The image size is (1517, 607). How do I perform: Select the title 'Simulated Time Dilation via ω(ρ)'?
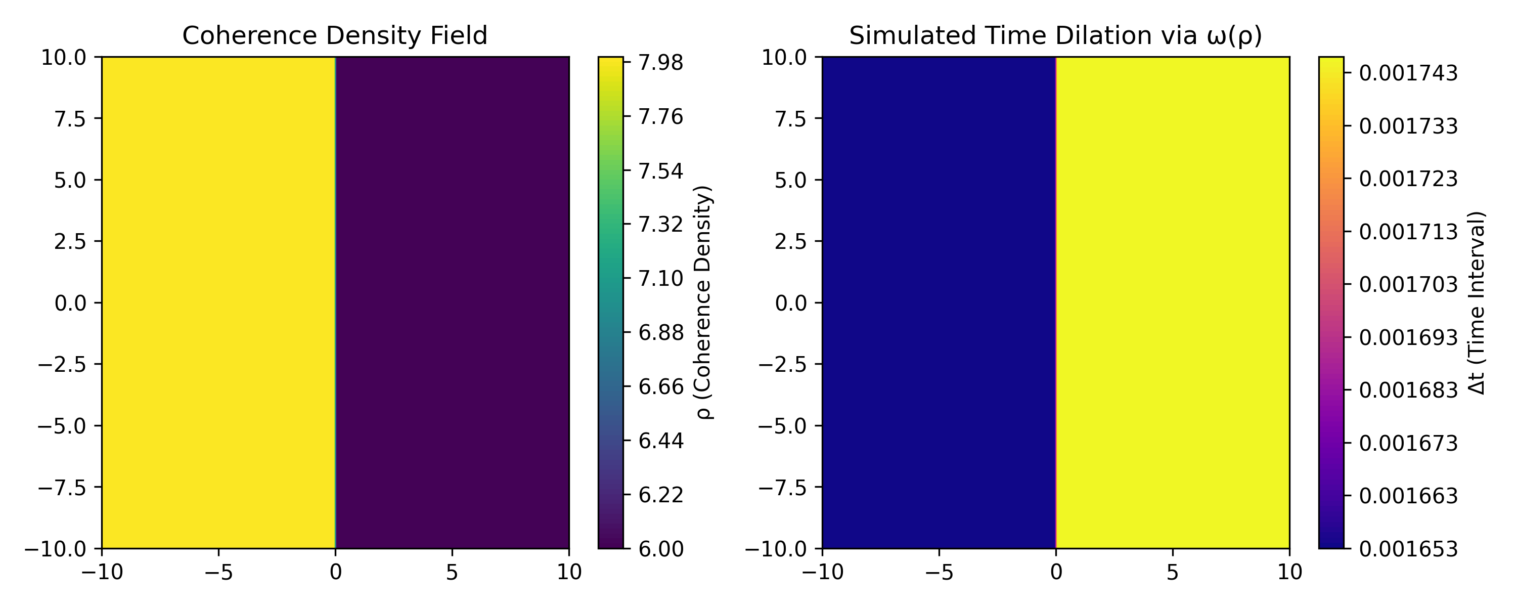pyautogui.click(x=1055, y=36)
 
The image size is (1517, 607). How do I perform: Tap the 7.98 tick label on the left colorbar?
pyautogui.click(x=661, y=62)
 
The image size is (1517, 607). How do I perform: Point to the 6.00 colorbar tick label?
pyautogui.click(x=661, y=549)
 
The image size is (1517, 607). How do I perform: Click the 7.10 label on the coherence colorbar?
pyautogui.click(x=661, y=279)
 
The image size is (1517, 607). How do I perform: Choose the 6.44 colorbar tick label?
pyautogui.click(x=661, y=441)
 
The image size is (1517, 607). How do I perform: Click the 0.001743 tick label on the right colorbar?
pyautogui.click(x=1408, y=74)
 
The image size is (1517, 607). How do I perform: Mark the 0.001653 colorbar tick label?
pyautogui.click(x=1408, y=549)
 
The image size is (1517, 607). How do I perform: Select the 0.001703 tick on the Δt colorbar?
pyautogui.click(x=1408, y=285)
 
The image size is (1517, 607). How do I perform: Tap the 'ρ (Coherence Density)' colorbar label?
pyautogui.click(x=704, y=303)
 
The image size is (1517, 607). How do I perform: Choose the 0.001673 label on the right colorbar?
pyautogui.click(x=1408, y=443)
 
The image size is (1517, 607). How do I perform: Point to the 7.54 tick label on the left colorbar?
pyautogui.click(x=661, y=171)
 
